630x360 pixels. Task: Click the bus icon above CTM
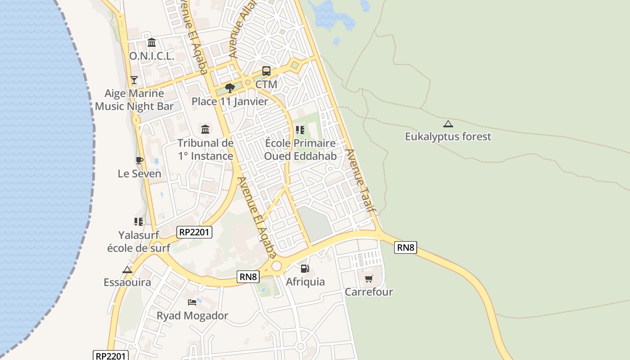(266, 71)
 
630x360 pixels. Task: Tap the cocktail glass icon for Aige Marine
(134, 80)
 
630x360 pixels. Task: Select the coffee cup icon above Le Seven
(139, 160)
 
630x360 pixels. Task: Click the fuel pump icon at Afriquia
(305, 269)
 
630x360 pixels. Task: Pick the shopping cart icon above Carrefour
(369, 279)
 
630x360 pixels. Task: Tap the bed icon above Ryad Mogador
(192, 302)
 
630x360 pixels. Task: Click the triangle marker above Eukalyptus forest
(448, 124)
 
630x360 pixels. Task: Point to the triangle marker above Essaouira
(127, 270)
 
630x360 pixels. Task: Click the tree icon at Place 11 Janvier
(230, 88)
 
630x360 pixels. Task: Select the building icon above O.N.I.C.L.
(152, 43)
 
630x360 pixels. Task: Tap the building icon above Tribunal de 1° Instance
(205, 130)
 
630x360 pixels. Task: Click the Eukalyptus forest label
(448, 136)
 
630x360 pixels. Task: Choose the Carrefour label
(369, 292)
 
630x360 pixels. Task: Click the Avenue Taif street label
(360, 180)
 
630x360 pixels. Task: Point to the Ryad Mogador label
(192, 315)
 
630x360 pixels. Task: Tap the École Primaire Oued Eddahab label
(300, 149)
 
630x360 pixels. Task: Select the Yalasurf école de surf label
(139, 241)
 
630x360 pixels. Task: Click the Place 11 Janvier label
(229, 101)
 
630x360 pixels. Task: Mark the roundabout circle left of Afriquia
(276, 266)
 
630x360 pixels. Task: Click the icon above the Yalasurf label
(138, 221)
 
